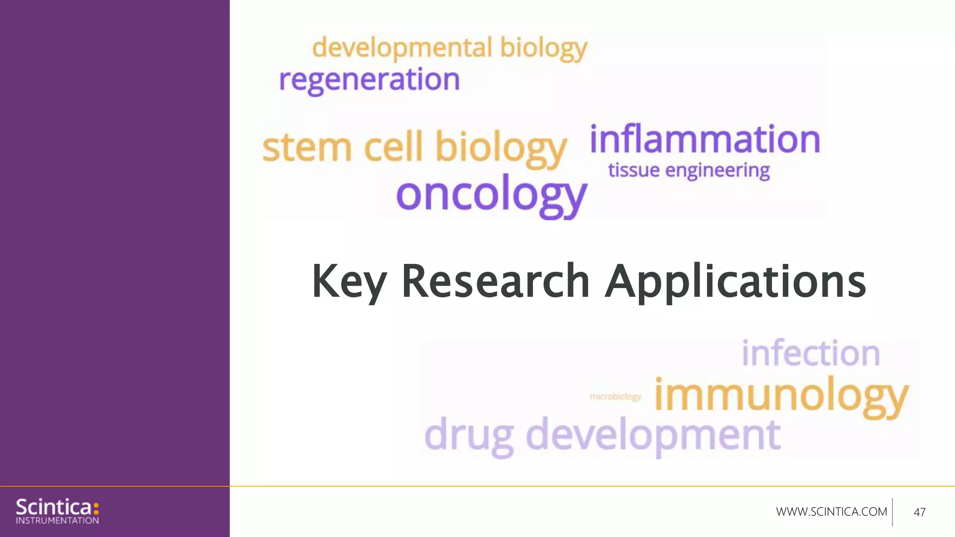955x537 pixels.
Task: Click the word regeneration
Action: pos(369,80)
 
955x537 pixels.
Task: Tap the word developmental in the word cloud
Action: pos(402,48)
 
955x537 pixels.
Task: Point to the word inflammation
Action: pos(705,139)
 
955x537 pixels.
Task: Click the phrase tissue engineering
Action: pos(689,171)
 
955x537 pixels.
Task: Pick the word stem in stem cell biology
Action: pos(307,148)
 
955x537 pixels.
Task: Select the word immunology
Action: pos(782,396)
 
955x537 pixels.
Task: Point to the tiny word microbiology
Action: pos(616,397)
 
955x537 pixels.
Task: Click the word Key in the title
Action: pos(348,282)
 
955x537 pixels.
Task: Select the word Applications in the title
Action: pos(735,282)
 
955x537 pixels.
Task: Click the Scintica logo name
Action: pos(54,507)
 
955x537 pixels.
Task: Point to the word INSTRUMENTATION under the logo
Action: pos(57,521)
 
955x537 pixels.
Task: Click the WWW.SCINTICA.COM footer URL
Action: pos(831,512)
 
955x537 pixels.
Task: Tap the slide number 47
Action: pos(919,512)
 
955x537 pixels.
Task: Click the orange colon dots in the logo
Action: pos(96,509)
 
